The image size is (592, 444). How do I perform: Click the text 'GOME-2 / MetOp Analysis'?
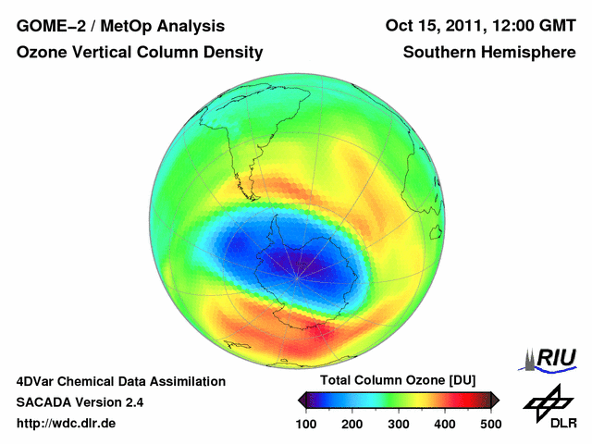(120, 26)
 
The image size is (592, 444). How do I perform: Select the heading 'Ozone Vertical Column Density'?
(140, 54)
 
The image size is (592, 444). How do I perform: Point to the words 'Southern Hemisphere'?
(489, 54)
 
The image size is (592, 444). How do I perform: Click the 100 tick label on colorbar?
(305, 424)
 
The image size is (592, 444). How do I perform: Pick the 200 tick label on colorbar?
(351, 424)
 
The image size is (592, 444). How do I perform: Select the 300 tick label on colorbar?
(398, 424)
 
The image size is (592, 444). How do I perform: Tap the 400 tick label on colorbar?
(444, 424)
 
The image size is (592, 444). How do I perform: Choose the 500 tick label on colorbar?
(490, 424)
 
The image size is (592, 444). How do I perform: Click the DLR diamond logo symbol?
(548, 400)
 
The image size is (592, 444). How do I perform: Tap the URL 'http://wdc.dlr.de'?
(67, 424)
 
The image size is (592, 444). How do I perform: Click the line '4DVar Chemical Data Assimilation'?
(120, 381)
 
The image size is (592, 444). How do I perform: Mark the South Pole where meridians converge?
(297, 276)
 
